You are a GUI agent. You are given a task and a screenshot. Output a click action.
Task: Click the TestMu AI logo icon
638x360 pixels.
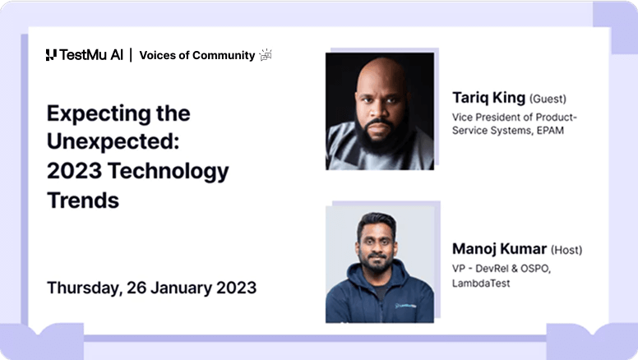coord(51,55)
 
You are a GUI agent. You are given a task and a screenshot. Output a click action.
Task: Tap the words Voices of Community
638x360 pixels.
coord(196,55)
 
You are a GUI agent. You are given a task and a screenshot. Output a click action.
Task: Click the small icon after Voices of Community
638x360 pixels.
coord(266,55)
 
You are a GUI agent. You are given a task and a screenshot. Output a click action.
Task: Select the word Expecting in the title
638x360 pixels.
coord(95,113)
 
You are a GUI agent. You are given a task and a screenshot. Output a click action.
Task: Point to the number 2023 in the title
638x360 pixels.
coord(75,171)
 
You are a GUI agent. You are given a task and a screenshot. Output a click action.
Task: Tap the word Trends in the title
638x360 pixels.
coord(83,200)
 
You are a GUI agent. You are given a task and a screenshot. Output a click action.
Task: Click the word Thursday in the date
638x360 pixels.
coord(84,288)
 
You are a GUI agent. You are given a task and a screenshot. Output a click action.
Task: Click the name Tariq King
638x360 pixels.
coord(488,98)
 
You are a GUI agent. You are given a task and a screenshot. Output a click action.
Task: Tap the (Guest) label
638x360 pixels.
coord(548,99)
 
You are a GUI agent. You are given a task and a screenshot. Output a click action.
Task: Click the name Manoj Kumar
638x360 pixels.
coord(499,248)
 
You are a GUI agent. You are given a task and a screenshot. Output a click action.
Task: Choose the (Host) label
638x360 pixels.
coord(566,250)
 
